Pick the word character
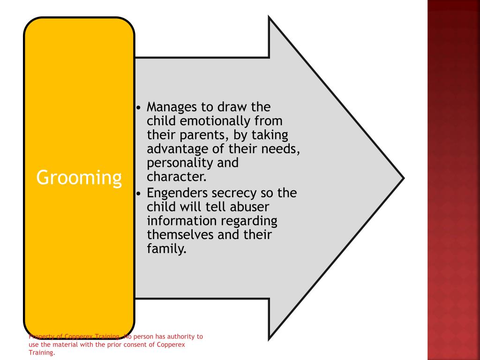(x=176, y=177)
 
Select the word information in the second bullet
(x=180, y=220)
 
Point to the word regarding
(x=248, y=221)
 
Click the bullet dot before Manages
(x=138, y=107)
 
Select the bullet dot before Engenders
(x=138, y=193)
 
